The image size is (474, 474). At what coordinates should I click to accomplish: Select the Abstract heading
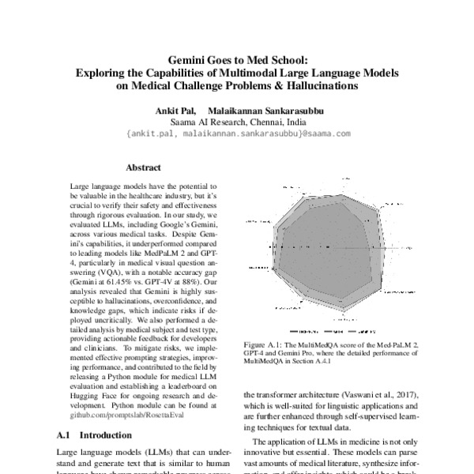click(143, 167)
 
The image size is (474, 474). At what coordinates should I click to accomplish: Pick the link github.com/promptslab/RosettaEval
click(119, 412)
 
